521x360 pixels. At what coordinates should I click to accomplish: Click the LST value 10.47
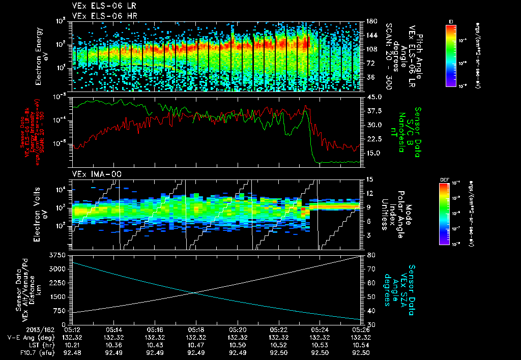click(x=196, y=344)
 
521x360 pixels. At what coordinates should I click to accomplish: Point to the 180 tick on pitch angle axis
click(x=371, y=21)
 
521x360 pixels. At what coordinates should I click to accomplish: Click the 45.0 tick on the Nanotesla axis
click(x=373, y=97)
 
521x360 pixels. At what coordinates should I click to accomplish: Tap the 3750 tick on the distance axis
click(x=57, y=255)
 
